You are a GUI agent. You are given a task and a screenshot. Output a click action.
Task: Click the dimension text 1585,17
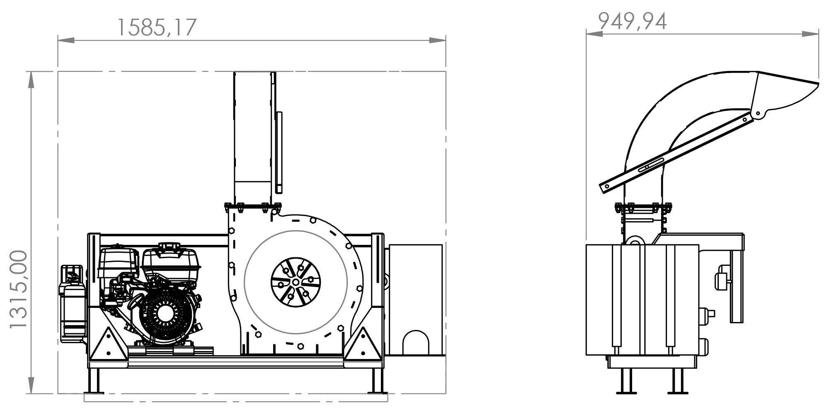(x=157, y=28)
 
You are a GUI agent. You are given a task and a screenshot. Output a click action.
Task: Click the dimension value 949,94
(x=633, y=21)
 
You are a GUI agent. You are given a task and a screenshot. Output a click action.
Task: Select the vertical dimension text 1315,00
(x=18, y=290)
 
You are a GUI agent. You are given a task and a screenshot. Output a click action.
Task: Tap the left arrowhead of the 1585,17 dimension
(x=66, y=41)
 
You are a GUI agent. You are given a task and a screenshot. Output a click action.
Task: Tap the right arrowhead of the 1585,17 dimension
(x=437, y=41)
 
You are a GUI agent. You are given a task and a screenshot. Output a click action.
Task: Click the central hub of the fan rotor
(x=296, y=282)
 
